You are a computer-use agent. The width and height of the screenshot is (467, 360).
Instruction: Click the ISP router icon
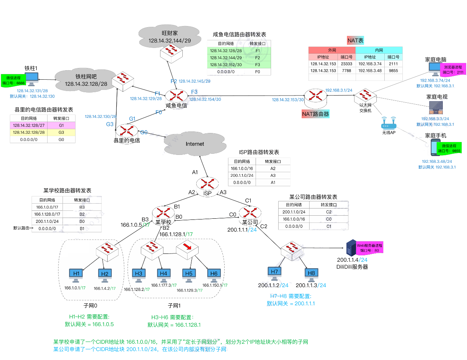point(207,184)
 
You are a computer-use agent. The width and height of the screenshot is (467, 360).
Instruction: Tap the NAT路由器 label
point(316,114)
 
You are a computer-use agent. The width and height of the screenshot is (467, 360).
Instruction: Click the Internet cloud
point(195,144)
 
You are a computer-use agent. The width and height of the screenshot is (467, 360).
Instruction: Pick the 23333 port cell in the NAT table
point(346,64)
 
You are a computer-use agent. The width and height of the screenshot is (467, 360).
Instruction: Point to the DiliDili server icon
point(351,248)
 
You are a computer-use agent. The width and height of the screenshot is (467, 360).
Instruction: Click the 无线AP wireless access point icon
point(388,124)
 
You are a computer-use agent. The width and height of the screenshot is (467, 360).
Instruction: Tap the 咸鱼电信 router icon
point(176,96)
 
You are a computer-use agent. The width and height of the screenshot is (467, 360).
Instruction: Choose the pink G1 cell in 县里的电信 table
point(61,125)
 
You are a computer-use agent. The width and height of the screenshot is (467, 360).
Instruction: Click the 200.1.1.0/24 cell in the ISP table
point(242,175)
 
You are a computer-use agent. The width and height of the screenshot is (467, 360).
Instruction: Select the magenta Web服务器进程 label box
point(370,248)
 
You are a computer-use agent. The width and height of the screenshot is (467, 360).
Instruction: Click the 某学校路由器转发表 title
point(67,190)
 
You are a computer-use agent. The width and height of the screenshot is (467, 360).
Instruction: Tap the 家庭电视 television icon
point(436,108)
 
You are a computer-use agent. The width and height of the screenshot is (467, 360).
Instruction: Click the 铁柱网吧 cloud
point(86,80)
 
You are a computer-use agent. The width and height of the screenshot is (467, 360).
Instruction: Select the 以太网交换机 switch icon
point(365,96)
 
